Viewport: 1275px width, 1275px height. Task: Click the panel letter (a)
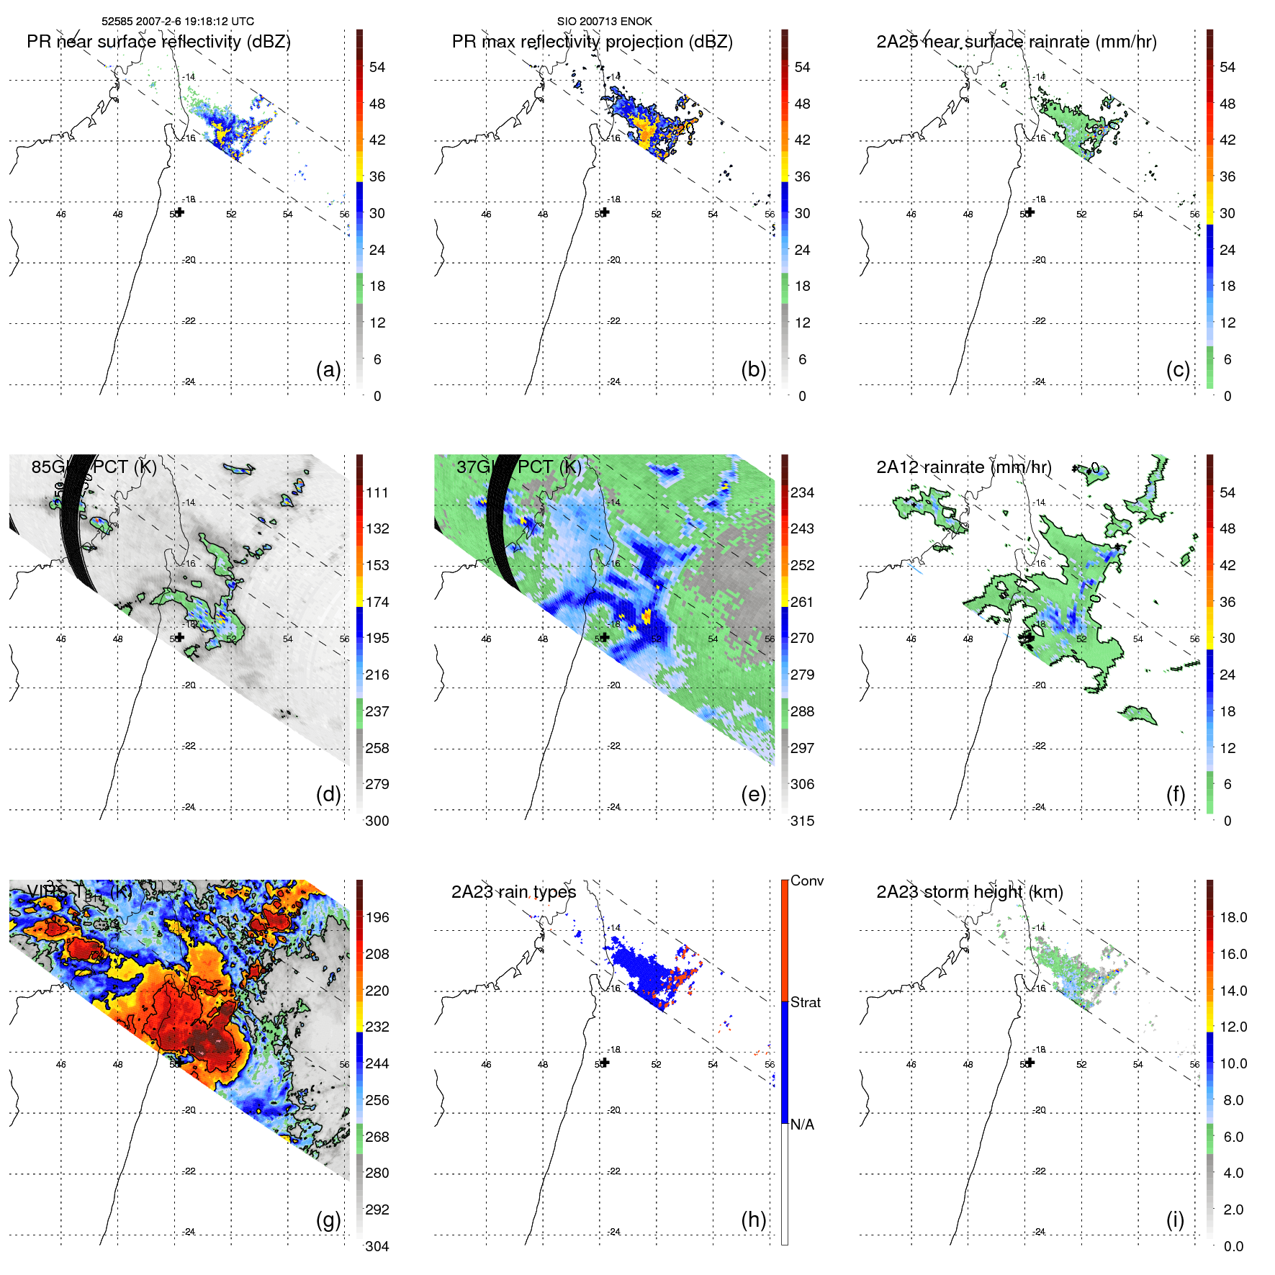328,370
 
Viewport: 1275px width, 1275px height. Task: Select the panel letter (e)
753,795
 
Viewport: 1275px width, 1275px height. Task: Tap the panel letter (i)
1175,1220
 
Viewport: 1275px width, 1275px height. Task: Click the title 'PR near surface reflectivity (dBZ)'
158,42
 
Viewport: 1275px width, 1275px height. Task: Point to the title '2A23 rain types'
513,892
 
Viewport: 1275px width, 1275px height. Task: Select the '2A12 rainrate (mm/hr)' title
963,467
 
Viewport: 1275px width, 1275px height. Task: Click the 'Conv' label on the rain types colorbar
806,880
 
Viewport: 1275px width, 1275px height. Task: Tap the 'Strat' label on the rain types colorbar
805,1002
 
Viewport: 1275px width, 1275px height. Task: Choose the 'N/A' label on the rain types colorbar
802,1125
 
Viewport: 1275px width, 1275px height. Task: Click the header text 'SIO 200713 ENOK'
604,22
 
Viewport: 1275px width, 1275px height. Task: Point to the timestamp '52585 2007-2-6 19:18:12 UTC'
177,22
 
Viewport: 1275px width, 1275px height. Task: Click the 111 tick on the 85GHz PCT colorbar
377,492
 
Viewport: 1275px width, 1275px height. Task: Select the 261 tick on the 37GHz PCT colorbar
802,602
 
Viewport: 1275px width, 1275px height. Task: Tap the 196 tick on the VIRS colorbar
377,917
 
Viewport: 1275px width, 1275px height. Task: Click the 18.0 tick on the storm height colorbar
1233,917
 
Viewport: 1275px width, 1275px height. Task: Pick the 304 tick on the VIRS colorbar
377,1246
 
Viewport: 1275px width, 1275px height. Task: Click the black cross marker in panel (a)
180,212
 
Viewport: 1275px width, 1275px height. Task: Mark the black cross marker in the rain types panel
605,1063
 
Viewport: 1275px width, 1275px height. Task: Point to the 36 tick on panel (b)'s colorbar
802,176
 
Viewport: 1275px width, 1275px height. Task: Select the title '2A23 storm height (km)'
969,892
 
